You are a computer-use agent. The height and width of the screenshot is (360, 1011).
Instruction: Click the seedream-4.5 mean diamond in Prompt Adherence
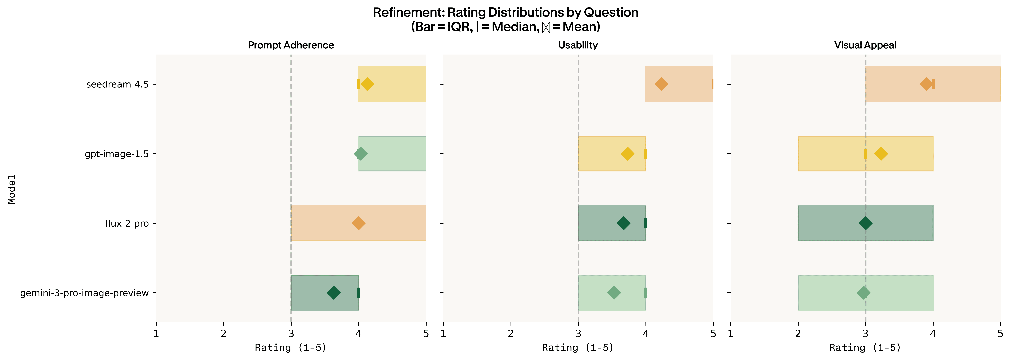tap(367, 84)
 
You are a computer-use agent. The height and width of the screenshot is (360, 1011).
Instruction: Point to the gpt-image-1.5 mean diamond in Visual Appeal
tap(881, 154)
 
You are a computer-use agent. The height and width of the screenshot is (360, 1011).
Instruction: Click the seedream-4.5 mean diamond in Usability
tap(661, 84)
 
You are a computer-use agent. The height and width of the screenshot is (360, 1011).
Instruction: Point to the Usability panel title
tap(578, 45)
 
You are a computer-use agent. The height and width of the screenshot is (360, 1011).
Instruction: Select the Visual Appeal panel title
tap(865, 45)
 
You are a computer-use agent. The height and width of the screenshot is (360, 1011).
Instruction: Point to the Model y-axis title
tap(12, 189)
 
